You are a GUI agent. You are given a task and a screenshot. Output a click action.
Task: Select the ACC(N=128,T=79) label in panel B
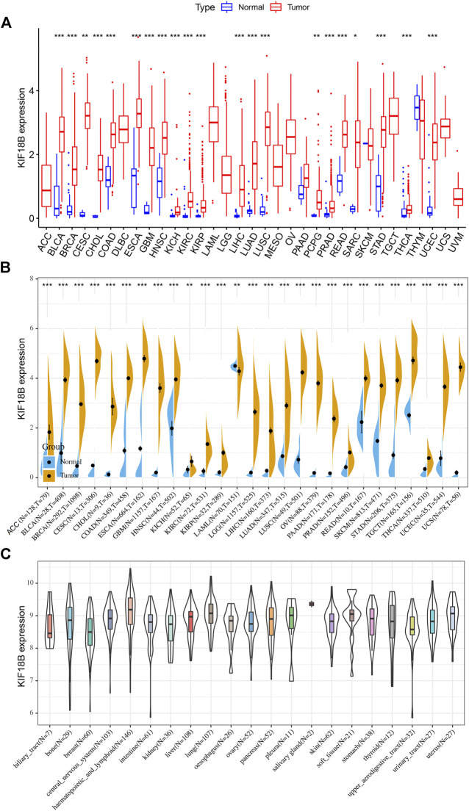pos(37,509)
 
